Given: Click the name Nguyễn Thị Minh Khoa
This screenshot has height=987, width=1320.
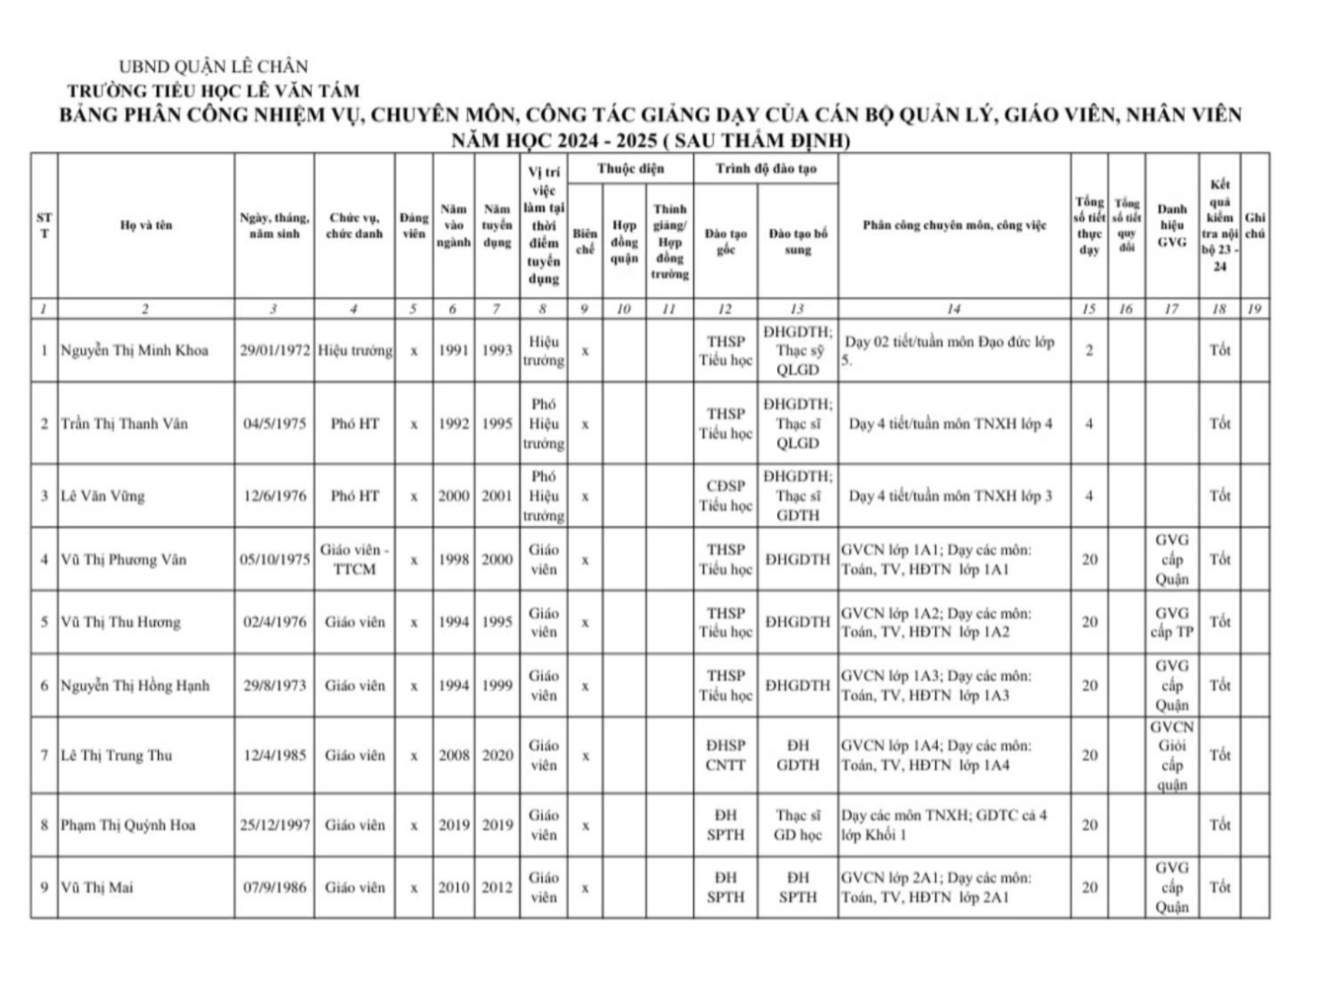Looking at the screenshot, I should [x=134, y=350].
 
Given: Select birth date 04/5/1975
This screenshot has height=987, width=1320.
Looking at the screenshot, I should [x=274, y=423].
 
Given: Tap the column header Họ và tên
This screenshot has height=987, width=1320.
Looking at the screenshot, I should [x=145, y=225].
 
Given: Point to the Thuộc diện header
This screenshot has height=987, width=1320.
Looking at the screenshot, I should [x=631, y=169].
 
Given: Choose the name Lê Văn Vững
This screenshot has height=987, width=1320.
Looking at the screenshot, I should [x=103, y=495].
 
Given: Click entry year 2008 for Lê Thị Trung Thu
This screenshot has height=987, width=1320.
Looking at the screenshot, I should [x=453, y=755].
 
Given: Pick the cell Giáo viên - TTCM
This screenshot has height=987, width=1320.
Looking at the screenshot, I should [x=354, y=560].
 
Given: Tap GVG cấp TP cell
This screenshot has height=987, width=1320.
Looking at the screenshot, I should [x=1172, y=622].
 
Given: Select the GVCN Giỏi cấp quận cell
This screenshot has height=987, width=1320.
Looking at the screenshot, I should [x=1172, y=755].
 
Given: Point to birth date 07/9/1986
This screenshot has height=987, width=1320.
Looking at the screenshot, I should [x=274, y=887].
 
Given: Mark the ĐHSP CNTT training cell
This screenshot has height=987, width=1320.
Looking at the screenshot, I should [x=726, y=755].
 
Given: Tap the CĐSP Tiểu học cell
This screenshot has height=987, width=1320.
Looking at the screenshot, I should [x=726, y=495].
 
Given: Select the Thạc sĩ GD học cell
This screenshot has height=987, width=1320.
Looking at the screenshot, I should [x=798, y=825].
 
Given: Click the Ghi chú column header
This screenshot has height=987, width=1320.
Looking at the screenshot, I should [x=1255, y=225].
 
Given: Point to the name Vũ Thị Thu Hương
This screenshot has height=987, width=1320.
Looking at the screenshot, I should [x=120, y=622].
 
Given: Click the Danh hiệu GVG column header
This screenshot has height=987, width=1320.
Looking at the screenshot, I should [x=1172, y=225].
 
